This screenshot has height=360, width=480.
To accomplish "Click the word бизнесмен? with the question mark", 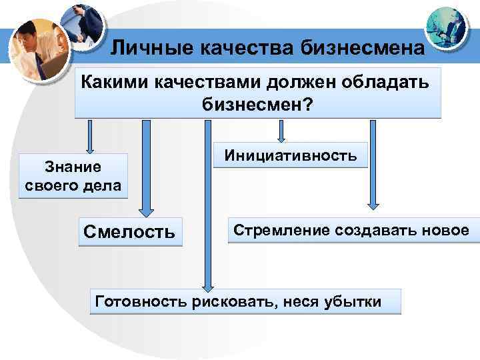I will click(x=256, y=105).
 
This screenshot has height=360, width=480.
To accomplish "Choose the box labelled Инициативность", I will click(x=290, y=155).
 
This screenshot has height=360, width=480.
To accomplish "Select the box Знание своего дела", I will click(x=73, y=175).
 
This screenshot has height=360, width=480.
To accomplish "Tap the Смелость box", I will click(x=130, y=231).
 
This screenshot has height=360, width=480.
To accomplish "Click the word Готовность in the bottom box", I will click(x=141, y=301).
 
